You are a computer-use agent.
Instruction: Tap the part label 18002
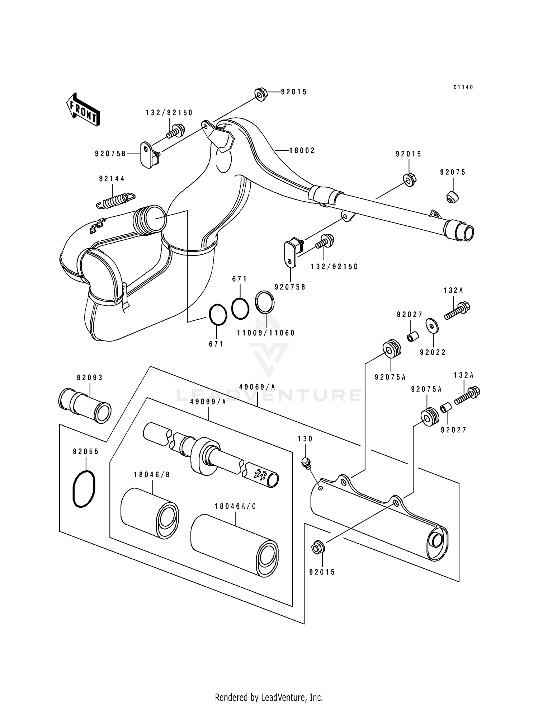coord(302,151)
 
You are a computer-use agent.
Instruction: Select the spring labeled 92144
coord(115,200)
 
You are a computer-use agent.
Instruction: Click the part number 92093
coord(90,377)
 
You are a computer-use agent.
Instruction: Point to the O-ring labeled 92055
coord(84,489)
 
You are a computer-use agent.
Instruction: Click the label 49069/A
coord(257,387)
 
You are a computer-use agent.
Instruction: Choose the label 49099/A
coord(208,402)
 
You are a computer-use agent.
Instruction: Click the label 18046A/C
coord(236,506)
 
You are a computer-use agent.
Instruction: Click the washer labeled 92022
coord(433,325)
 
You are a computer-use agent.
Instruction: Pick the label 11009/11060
coord(266,333)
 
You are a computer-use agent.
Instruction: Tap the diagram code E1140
coord(463,87)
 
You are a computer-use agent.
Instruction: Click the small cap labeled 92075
coord(453,197)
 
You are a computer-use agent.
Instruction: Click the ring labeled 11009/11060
coord(265,302)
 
